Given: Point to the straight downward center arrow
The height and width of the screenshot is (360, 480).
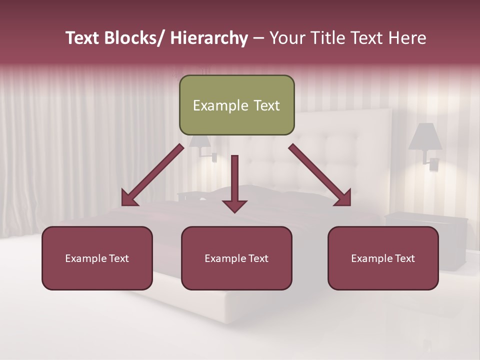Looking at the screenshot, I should point(234,180).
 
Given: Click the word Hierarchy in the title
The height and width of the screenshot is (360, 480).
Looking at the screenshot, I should point(209,38).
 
